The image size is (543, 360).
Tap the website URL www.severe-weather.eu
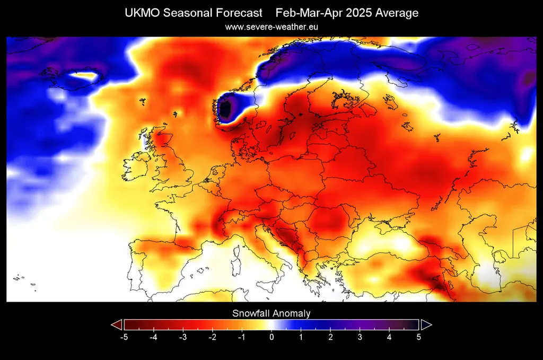(271, 27)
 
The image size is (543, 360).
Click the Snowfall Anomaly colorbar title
(271, 313)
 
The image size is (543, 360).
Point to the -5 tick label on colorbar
(124, 337)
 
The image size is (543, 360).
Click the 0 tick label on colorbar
(271, 337)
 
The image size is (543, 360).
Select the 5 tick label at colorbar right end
(419, 337)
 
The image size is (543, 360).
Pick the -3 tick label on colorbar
(183, 337)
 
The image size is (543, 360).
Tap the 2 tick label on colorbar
(330, 337)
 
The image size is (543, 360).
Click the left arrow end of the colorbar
(116, 324)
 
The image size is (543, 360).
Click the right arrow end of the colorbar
(426, 324)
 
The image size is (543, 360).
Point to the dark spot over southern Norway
(225, 109)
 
